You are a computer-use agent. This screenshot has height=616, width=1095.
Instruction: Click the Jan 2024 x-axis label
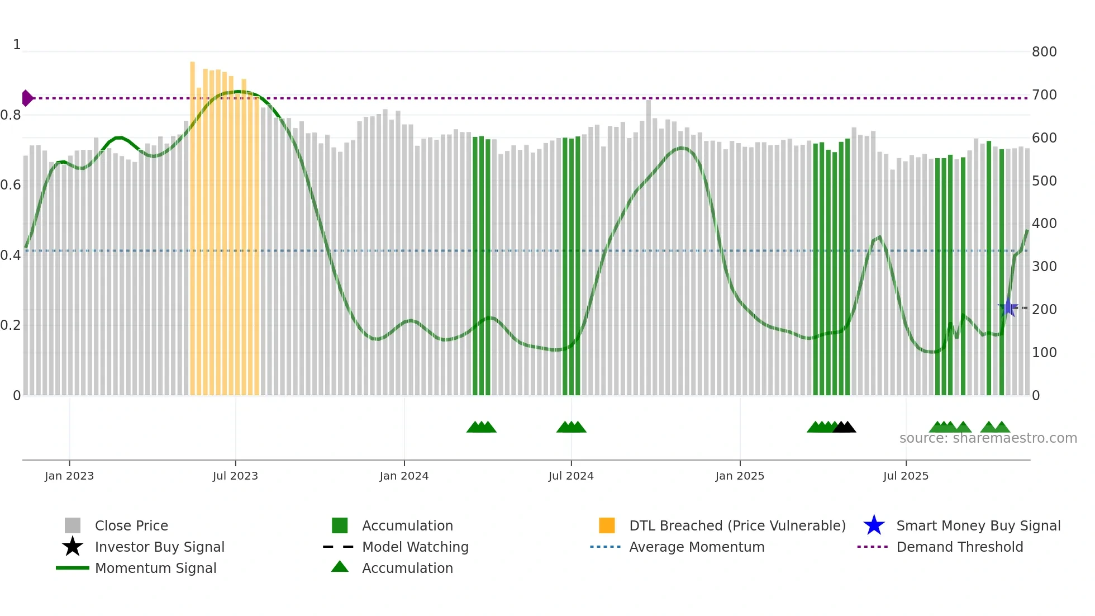(404, 476)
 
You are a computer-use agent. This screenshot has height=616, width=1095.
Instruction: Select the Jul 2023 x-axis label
(235, 476)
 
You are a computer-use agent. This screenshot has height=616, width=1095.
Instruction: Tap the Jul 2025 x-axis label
(906, 476)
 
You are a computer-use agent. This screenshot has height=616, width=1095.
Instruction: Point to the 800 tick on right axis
(1044, 52)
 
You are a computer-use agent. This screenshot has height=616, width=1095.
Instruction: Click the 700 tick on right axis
(1044, 95)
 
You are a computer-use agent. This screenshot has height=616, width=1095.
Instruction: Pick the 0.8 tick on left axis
(11, 115)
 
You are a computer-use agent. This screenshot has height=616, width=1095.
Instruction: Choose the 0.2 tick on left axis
(11, 325)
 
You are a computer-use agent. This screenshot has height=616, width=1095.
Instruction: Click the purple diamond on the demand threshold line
(27, 98)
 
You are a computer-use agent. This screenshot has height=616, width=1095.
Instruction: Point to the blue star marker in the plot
(1008, 307)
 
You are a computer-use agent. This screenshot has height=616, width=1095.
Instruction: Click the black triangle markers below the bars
(844, 427)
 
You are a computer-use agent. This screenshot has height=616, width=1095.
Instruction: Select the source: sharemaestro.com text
(988, 438)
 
